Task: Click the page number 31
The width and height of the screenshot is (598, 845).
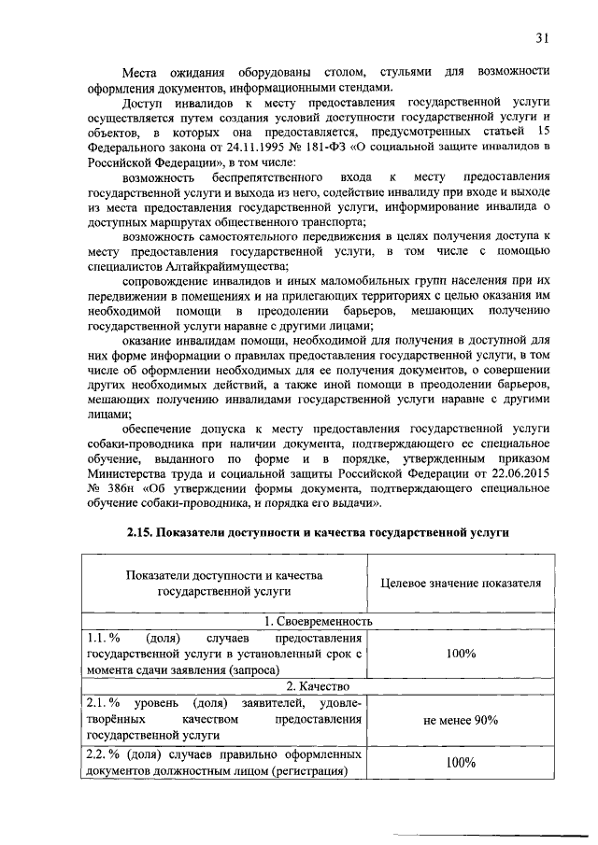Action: coord(543,37)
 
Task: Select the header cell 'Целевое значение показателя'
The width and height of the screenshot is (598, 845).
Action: coord(462,584)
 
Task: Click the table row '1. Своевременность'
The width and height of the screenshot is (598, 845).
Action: coord(318,621)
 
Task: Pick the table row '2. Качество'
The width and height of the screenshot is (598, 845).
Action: coord(318,687)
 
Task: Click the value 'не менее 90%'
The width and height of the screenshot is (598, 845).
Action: coord(461,720)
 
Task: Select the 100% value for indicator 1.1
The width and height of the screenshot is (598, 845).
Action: coord(461,654)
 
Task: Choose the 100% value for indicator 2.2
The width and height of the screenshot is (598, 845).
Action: coord(461,763)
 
